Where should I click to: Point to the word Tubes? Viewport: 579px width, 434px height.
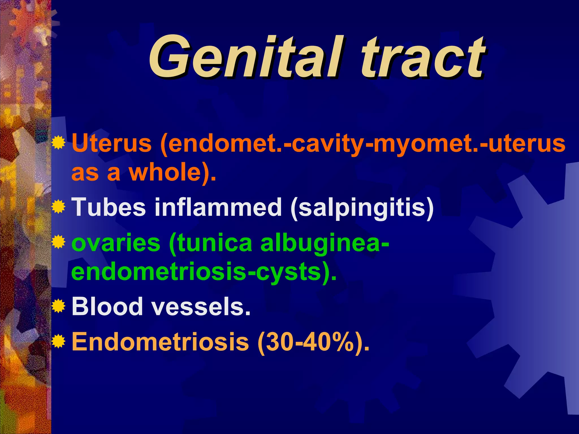[109, 207]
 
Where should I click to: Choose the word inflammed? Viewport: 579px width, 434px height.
[218, 207]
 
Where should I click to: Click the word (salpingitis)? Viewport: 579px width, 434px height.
[362, 208]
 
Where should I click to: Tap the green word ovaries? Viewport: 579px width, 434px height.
[116, 243]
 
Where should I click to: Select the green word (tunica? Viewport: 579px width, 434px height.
[211, 243]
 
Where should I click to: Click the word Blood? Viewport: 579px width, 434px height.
[107, 306]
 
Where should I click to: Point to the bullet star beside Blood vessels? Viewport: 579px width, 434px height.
[59, 306]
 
